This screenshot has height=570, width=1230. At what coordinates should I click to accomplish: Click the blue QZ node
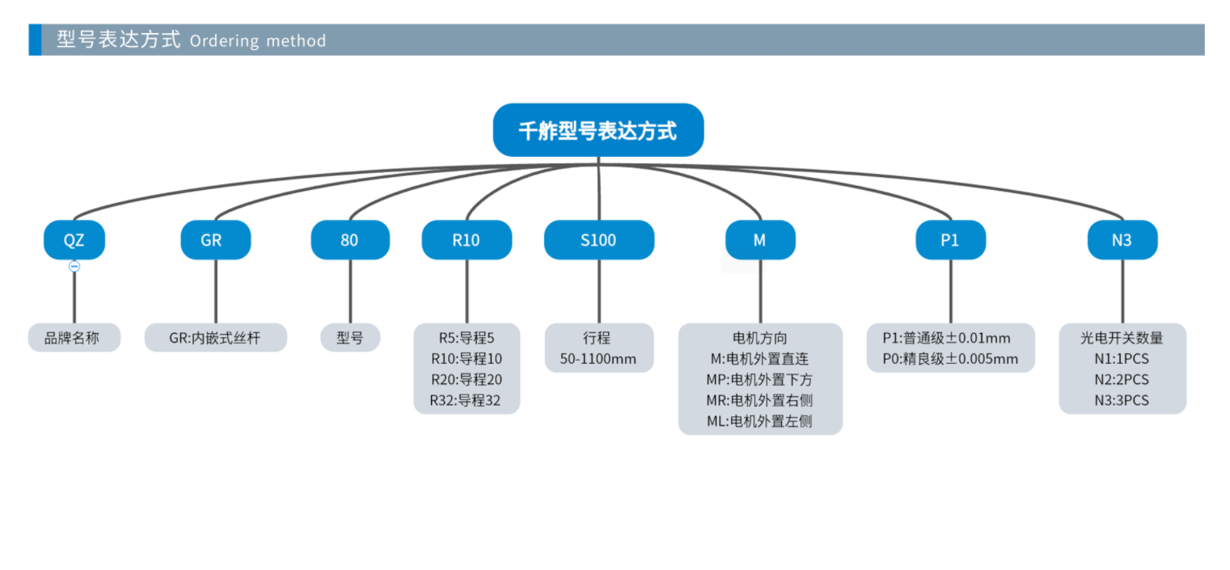click(x=74, y=240)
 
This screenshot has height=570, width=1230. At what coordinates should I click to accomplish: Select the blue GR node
click(x=216, y=240)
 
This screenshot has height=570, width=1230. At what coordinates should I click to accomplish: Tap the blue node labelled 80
click(x=350, y=240)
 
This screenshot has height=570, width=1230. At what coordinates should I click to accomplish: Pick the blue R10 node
click(x=467, y=240)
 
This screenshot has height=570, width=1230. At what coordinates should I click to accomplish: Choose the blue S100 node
click(x=599, y=240)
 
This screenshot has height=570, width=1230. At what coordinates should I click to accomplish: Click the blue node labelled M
click(x=760, y=240)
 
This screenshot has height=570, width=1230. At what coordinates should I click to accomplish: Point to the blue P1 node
click(x=950, y=240)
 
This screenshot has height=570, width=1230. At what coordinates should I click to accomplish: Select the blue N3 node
click(x=1122, y=240)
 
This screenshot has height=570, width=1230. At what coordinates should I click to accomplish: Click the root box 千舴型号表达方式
click(x=598, y=130)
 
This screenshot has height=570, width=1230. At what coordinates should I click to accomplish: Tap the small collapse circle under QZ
click(x=74, y=266)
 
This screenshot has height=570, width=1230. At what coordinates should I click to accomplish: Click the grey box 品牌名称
click(x=74, y=338)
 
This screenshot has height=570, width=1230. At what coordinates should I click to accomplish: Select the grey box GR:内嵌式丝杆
click(x=216, y=338)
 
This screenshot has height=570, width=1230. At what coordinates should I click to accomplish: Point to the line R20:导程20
click(x=467, y=379)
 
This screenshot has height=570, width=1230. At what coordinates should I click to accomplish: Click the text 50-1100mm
click(x=598, y=359)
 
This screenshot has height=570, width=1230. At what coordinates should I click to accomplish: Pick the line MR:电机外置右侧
click(x=759, y=400)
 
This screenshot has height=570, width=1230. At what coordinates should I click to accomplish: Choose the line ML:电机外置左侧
click(x=759, y=421)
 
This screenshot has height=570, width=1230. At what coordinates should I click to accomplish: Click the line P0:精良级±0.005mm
click(x=950, y=359)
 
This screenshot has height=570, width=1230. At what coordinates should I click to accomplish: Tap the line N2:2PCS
click(x=1122, y=379)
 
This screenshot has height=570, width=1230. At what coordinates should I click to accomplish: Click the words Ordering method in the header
click(x=257, y=40)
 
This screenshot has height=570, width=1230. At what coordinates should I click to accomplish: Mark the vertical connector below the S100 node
click(x=599, y=291)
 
